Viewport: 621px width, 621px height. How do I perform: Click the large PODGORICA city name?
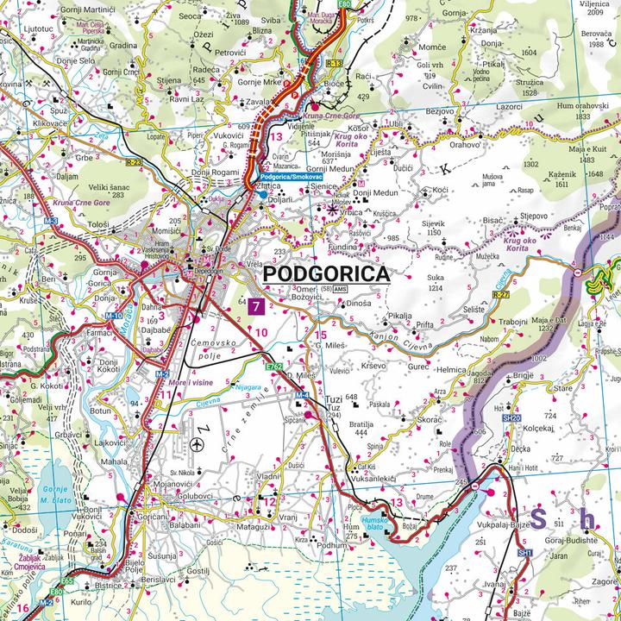[x=325, y=274]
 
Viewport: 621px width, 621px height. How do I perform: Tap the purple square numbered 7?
[x=255, y=305]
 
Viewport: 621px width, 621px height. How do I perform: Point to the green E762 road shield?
[x=275, y=367]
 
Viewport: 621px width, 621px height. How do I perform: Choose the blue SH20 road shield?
[x=512, y=417]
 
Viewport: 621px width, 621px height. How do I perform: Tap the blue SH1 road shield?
[x=525, y=551]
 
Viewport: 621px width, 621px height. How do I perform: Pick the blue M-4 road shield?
[x=302, y=395]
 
